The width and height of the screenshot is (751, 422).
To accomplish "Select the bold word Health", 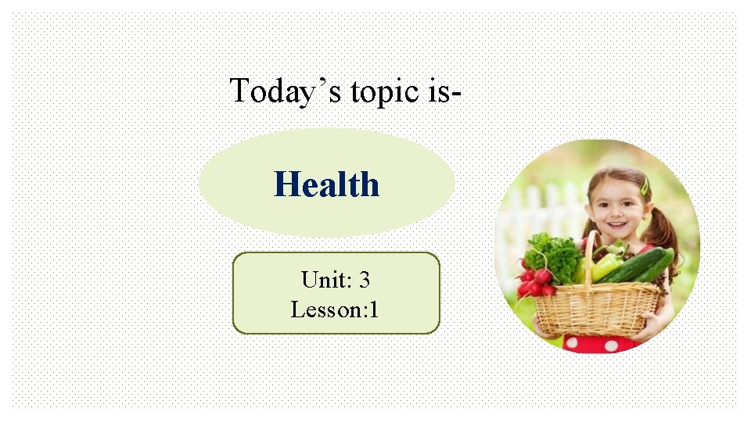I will (326, 185).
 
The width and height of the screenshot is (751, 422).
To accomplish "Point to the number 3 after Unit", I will (364, 280).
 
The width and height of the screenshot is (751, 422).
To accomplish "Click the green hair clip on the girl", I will (645, 186).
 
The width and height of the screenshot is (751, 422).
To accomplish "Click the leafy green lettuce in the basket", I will (554, 254).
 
